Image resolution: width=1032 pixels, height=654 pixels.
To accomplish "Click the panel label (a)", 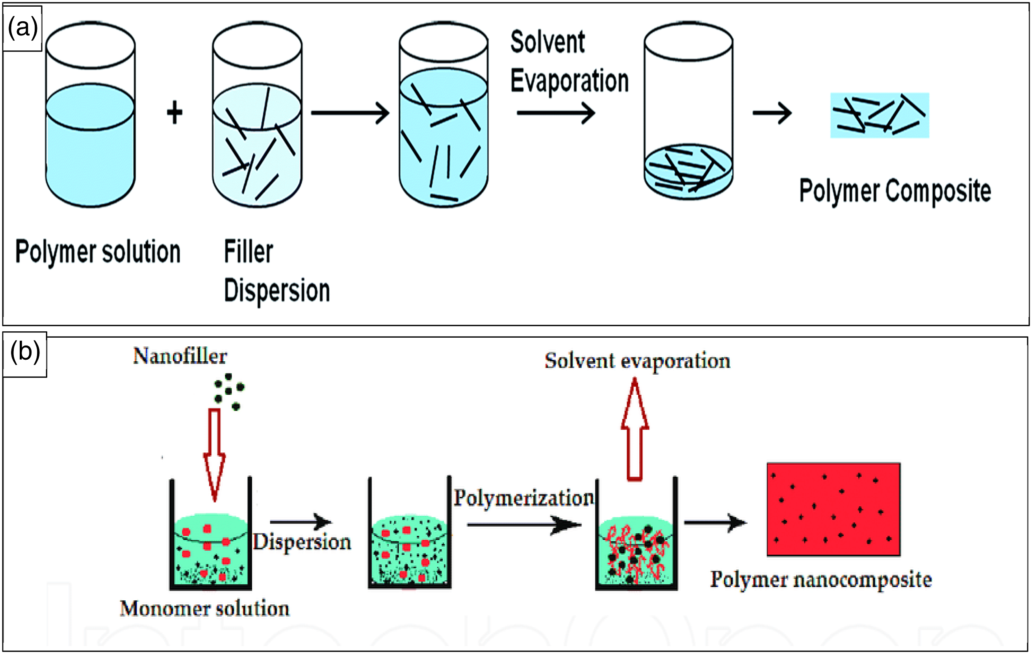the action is pyautogui.click(x=23, y=28).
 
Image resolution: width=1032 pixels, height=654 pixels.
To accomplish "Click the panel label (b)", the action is pyautogui.click(x=25, y=352).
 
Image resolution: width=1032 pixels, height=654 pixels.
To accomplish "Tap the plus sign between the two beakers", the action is pyautogui.click(x=174, y=113).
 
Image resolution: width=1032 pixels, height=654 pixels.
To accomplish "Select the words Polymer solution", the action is pyautogui.click(x=98, y=253).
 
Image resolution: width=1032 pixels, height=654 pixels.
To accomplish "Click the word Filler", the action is pyautogui.click(x=249, y=252).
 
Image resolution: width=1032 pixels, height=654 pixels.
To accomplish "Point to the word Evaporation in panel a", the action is pyautogui.click(x=570, y=81).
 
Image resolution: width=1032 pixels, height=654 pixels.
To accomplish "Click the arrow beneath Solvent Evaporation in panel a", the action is pyautogui.click(x=556, y=113).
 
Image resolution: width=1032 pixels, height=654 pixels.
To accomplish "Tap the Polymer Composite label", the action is pyautogui.click(x=895, y=191).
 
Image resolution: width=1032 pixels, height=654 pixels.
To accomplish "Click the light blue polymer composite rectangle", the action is pyautogui.click(x=880, y=115).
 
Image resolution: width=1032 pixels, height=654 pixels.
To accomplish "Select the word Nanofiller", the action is pyautogui.click(x=180, y=356).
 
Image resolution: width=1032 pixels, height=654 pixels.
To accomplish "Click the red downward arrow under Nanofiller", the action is pyautogui.click(x=215, y=455).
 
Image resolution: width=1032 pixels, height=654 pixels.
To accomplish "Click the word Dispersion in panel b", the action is pyautogui.click(x=302, y=542).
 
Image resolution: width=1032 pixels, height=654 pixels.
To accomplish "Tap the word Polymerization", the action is pyautogui.click(x=524, y=498).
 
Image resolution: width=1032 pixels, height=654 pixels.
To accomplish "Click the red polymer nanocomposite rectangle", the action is pyautogui.click(x=833, y=509).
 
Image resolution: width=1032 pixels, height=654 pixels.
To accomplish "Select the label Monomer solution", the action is pyautogui.click(x=205, y=609).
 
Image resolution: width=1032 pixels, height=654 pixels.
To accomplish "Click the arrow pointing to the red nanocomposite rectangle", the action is pyautogui.click(x=715, y=523).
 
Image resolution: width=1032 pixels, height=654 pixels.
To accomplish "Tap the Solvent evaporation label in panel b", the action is pyautogui.click(x=638, y=361).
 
